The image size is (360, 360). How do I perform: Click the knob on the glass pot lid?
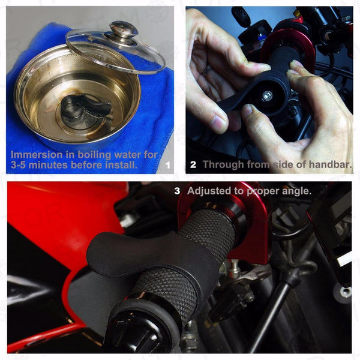click(x=123, y=29)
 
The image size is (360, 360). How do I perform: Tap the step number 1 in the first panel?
click(x=168, y=166)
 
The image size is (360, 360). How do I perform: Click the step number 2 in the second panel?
click(x=193, y=164)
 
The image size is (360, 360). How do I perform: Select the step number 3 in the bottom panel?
click(x=177, y=191)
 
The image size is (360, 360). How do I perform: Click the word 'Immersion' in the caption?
click(x=37, y=155)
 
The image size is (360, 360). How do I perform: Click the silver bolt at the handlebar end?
click(x=267, y=96)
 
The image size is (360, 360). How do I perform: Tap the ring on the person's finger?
click(x=206, y=70)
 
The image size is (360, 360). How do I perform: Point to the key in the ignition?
click(x=239, y=15)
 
